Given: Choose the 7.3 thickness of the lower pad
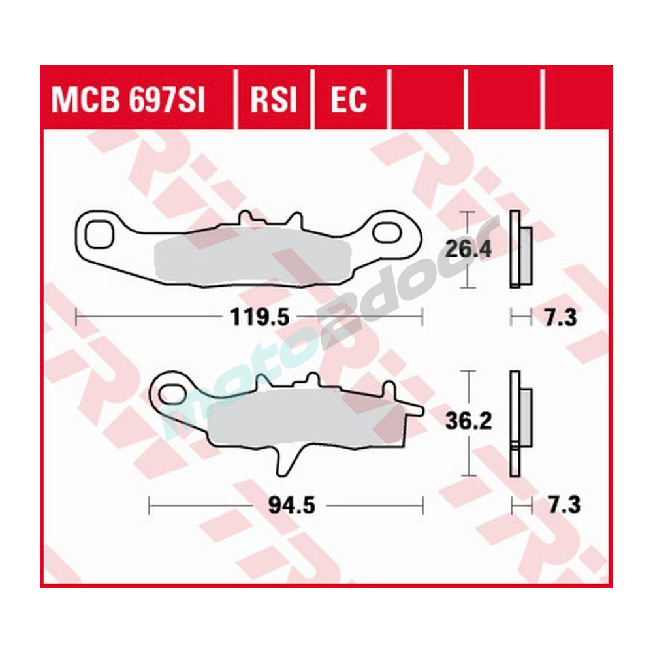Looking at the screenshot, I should pos(559,505).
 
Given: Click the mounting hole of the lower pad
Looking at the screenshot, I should pos(173,393).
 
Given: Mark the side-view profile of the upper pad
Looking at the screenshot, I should pos(520,249).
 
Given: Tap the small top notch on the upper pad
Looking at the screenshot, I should pos(247,217).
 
